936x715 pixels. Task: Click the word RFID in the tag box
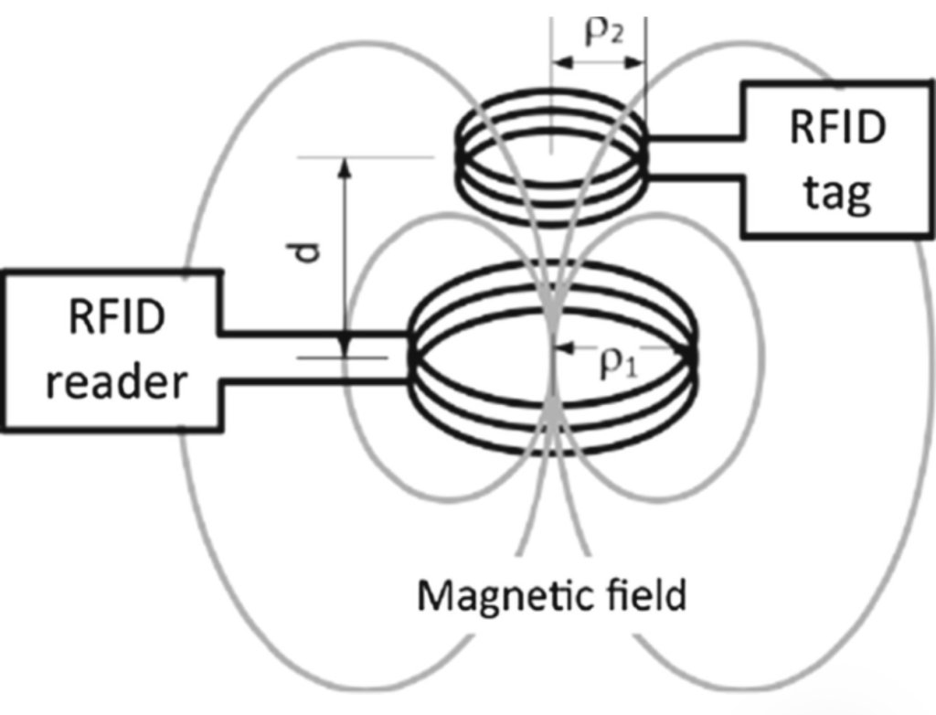click(837, 126)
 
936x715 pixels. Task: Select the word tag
click(837, 194)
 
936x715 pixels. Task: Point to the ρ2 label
click(605, 33)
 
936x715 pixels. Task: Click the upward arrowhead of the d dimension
click(344, 168)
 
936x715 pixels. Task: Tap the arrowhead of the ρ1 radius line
click(564, 347)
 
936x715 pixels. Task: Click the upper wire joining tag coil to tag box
click(694, 139)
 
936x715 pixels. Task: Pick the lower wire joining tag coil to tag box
click(694, 176)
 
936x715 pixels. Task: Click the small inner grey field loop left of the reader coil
click(348, 358)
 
